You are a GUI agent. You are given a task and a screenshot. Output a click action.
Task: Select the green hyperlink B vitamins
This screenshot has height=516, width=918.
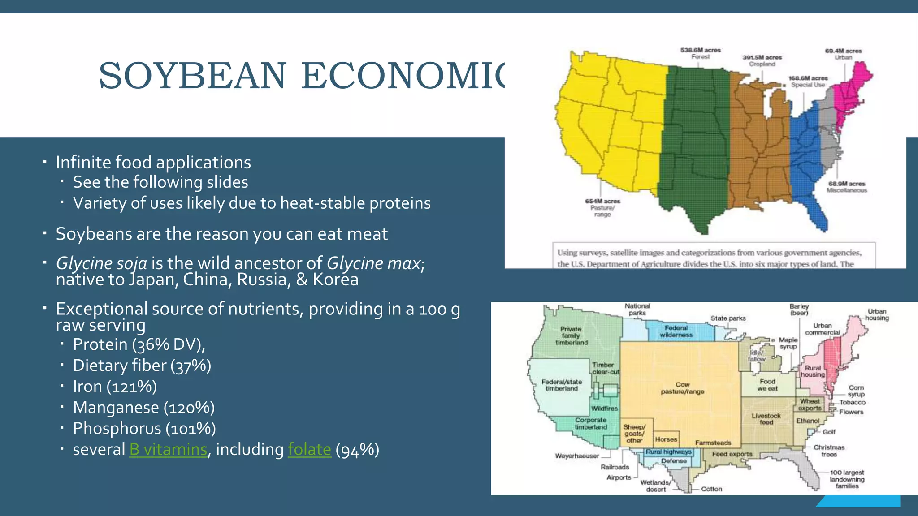pos(168,449)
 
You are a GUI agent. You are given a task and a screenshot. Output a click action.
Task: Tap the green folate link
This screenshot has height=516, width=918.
pos(309,449)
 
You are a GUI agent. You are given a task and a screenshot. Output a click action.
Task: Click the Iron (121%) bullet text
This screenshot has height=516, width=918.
pos(115,386)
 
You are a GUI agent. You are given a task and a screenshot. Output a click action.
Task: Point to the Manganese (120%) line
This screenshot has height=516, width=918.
pos(143,407)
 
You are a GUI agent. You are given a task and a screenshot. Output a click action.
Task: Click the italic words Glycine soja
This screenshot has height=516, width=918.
pos(101,263)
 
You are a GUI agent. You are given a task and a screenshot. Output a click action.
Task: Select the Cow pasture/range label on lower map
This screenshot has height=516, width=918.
pos(682,388)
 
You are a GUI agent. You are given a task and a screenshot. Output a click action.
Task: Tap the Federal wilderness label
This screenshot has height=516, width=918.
pos(676,331)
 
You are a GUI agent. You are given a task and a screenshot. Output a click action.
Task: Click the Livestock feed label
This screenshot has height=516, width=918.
pos(766,419)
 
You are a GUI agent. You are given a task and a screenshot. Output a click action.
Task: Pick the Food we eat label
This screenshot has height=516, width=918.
pos(767,385)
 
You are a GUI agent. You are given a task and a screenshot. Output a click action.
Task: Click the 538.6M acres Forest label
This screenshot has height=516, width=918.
pos(700,53)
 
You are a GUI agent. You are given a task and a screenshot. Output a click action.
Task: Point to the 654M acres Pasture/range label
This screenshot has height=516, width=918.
pos(602,207)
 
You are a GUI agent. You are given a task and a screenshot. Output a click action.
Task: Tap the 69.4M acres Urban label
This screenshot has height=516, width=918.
pos(843,54)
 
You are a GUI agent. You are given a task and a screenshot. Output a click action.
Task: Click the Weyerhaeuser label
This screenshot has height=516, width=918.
pos(577,456)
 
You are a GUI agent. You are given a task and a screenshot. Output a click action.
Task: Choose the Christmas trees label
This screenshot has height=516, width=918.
pos(829,451)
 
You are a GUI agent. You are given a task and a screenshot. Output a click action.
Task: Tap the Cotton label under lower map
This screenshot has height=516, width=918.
pos(711,489)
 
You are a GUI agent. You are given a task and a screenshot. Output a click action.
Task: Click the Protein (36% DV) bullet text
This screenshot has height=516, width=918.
pos(139,344)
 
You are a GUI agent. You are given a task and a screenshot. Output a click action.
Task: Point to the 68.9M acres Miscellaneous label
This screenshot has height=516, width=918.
pos(846,187)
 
